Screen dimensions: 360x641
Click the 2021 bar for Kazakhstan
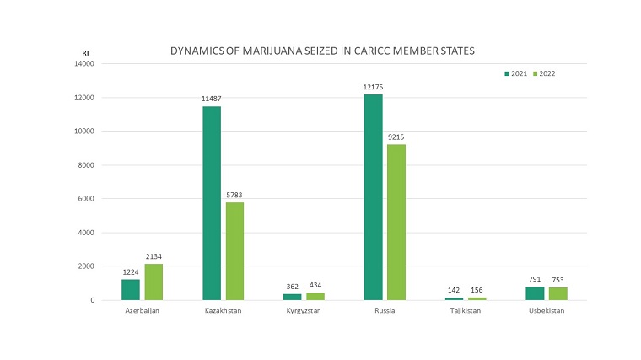pyautogui.click(x=212, y=203)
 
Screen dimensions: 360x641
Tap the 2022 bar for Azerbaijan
pyautogui.click(x=153, y=282)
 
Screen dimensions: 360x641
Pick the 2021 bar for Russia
pyautogui.click(x=373, y=197)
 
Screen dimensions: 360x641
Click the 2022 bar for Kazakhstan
pyautogui.click(x=234, y=251)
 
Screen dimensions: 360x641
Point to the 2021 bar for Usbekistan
pyautogui.click(x=535, y=293)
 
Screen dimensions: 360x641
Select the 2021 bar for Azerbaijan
pyautogui.click(x=131, y=289)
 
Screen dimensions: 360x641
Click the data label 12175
pyautogui.click(x=373, y=88)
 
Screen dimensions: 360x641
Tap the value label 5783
pyautogui.click(x=234, y=196)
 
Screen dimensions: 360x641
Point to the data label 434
pyautogui.click(x=315, y=287)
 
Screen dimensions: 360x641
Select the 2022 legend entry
pyautogui.click(x=543, y=74)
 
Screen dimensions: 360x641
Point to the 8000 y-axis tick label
pyautogui.click(x=84, y=165)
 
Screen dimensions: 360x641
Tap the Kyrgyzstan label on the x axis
pyautogui.click(x=304, y=311)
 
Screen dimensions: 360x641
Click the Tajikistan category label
pyautogui.click(x=465, y=311)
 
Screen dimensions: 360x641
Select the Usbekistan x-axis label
pyautogui.click(x=546, y=311)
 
